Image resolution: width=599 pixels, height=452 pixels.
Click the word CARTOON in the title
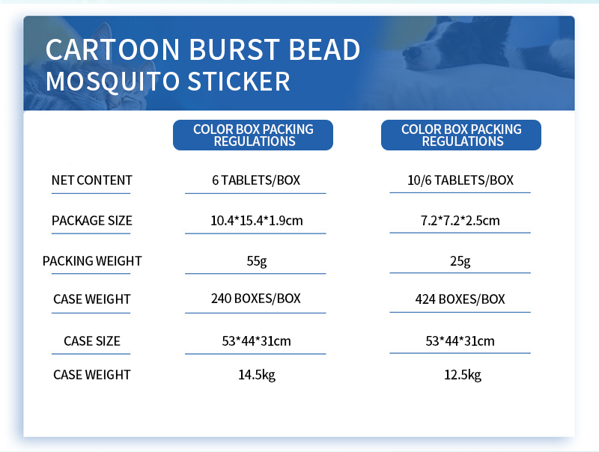[112, 49]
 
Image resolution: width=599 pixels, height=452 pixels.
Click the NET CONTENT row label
[91, 180]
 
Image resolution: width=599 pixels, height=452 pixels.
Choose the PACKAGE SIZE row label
[91, 221]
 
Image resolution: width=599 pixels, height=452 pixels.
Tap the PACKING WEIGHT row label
[91, 261]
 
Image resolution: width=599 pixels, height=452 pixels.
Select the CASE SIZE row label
[91, 341]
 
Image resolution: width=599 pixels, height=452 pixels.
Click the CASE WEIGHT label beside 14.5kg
[91, 375]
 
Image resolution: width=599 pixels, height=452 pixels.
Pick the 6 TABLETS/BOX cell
[255, 180]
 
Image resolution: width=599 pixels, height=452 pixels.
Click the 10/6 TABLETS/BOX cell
[460, 180]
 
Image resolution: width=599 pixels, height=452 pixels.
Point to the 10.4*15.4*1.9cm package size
[256, 221]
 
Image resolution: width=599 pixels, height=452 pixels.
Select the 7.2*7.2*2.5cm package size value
[460, 221]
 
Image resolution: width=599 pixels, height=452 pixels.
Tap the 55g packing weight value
[256, 261]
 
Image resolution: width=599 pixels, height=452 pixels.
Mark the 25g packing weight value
[460, 261]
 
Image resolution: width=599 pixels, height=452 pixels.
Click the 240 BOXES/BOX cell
[256, 299]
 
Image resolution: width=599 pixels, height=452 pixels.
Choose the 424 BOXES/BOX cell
[460, 299]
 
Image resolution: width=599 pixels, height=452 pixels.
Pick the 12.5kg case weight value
[460, 375]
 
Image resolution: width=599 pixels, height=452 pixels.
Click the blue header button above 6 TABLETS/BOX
[253, 135]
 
